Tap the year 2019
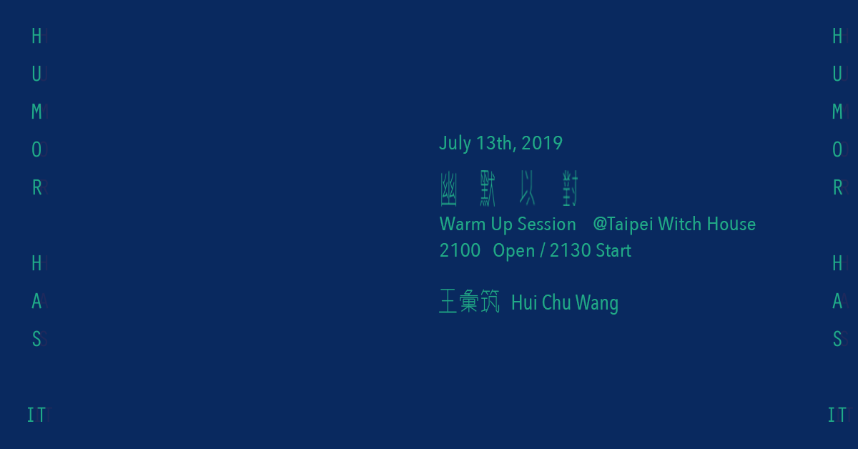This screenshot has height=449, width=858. point(542,143)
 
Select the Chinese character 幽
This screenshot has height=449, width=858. point(448,189)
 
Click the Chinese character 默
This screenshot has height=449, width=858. point(488,189)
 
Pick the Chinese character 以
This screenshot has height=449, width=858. point(528,188)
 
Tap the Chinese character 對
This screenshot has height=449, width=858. point(570,189)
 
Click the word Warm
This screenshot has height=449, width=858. point(463,224)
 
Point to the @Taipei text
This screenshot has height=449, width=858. point(623,224)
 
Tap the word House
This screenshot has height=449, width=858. point(731,224)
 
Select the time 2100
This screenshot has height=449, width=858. point(460,250)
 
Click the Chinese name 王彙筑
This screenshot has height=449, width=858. point(469,302)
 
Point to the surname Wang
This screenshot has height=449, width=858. point(597,303)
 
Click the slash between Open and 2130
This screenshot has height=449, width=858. point(542,251)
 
